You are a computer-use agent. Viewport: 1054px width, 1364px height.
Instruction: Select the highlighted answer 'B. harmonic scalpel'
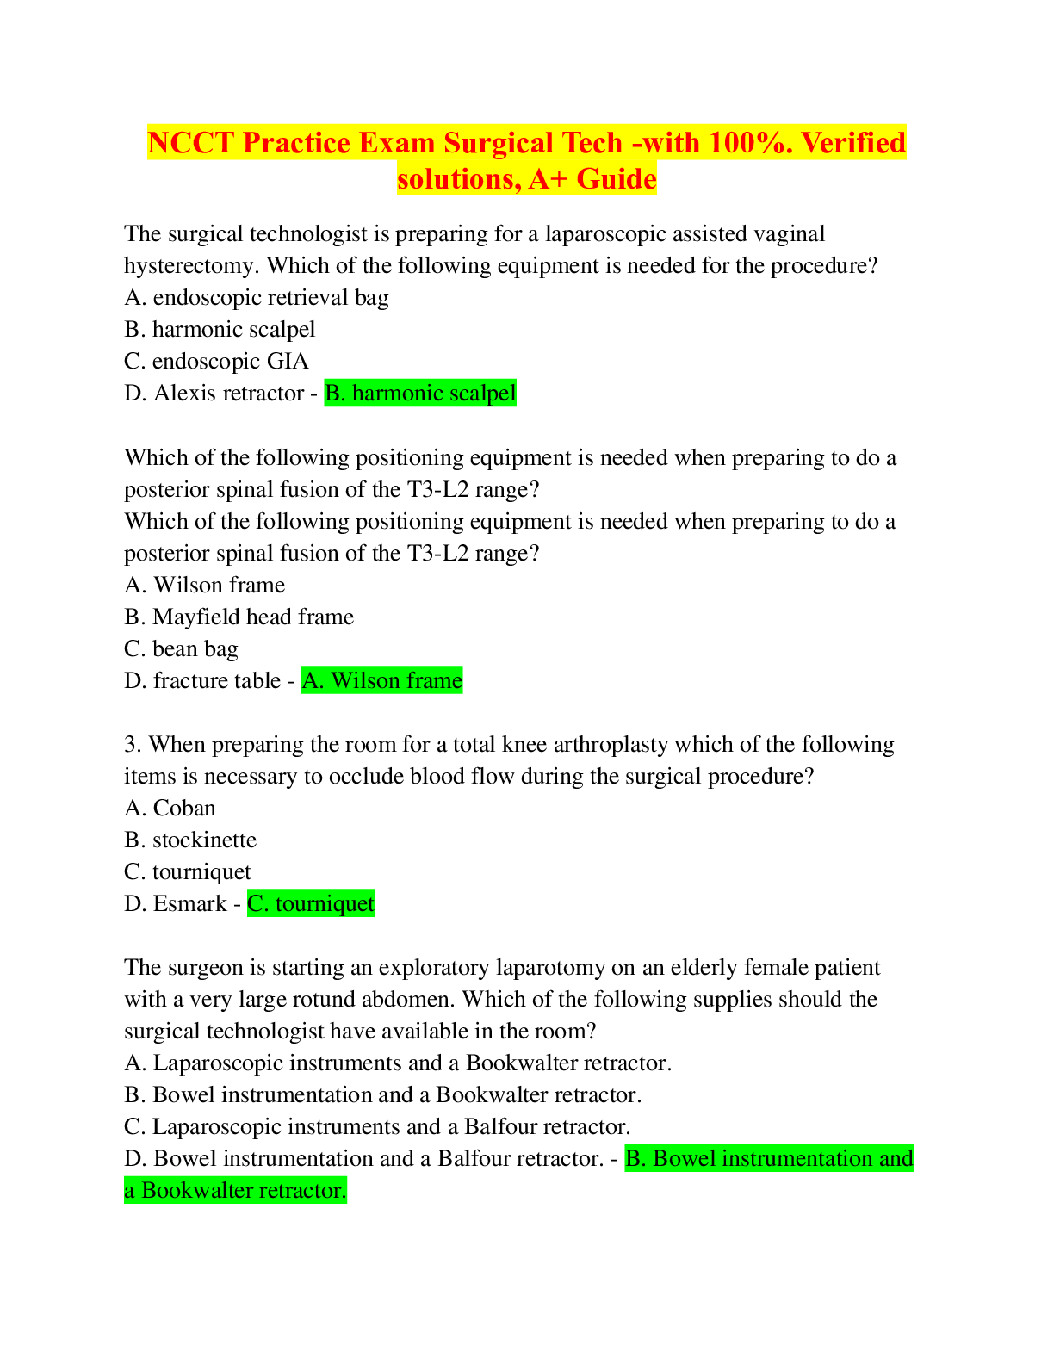tap(420, 394)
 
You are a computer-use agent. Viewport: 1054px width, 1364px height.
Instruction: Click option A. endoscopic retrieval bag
tap(257, 298)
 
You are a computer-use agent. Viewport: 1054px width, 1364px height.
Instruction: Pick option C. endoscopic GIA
tap(216, 362)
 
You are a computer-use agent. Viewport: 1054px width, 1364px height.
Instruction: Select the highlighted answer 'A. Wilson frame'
tap(382, 681)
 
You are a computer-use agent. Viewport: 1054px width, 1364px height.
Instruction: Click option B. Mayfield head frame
tap(239, 617)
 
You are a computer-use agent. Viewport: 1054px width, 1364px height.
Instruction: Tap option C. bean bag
tap(181, 649)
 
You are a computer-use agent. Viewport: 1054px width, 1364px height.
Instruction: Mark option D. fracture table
tap(202, 681)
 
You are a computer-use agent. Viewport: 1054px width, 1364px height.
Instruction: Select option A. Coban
tap(170, 809)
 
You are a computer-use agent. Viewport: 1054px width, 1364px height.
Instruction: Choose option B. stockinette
tap(190, 840)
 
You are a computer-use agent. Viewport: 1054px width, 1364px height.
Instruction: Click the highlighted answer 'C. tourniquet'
tap(311, 904)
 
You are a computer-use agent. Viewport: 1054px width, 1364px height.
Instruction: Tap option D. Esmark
tap(176, 904)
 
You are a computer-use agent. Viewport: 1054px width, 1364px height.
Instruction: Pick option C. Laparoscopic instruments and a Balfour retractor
tap(377, 1127)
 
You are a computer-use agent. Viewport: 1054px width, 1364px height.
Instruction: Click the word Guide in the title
tap(617, 179)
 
